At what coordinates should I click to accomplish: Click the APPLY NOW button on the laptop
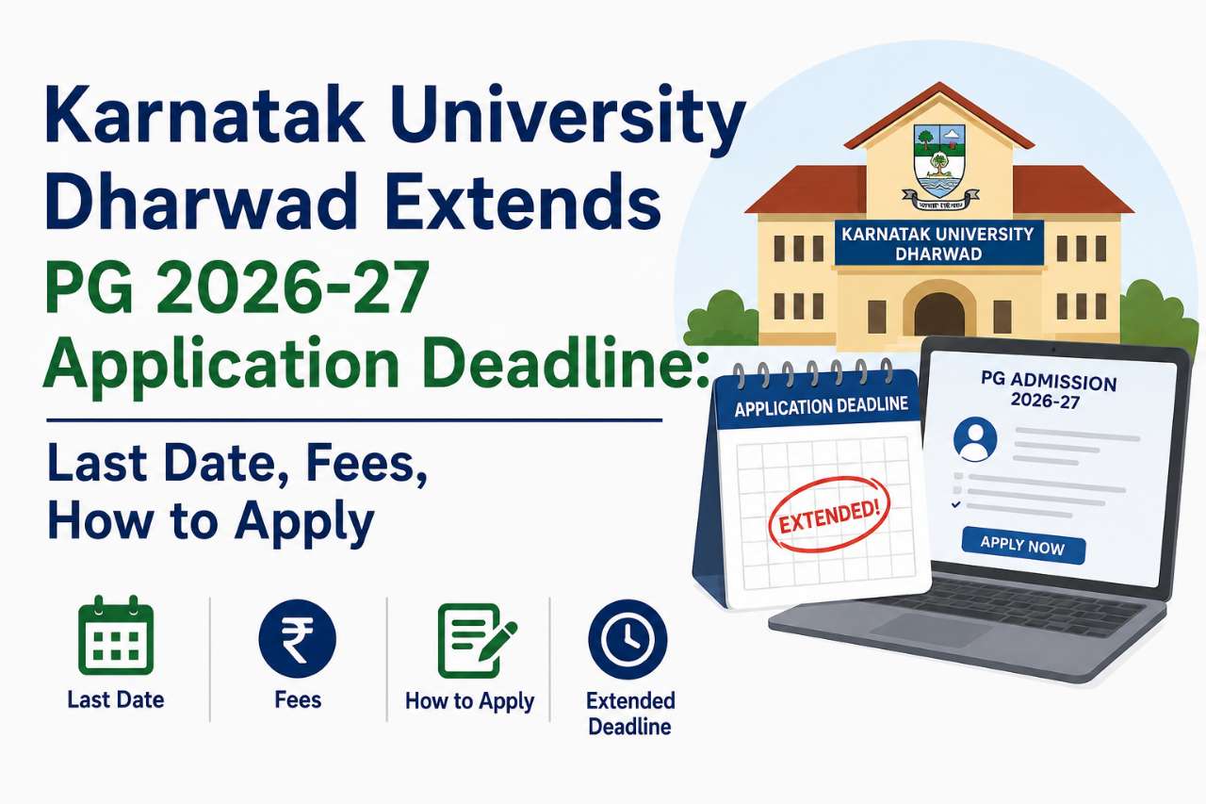pos(1023,545)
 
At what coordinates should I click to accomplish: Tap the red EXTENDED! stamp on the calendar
pos(829,516)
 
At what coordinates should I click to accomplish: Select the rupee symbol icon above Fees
pos(297,639)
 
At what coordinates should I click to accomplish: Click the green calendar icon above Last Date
pos(116,635)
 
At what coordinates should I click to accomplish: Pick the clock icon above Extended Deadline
pos(627,640)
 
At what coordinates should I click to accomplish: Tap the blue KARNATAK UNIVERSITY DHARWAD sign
pos(939,243)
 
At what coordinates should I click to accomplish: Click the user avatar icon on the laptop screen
pos(975,439)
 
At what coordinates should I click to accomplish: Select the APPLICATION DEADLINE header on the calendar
pos(821,406)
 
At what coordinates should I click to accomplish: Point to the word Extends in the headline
pos(522,202)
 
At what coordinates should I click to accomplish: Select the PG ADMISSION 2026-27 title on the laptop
pos(1047,391)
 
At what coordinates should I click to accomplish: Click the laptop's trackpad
pos(932,629)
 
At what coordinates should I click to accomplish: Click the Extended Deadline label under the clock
pos(630,714)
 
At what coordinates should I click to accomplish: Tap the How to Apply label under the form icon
pos(469,701)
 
